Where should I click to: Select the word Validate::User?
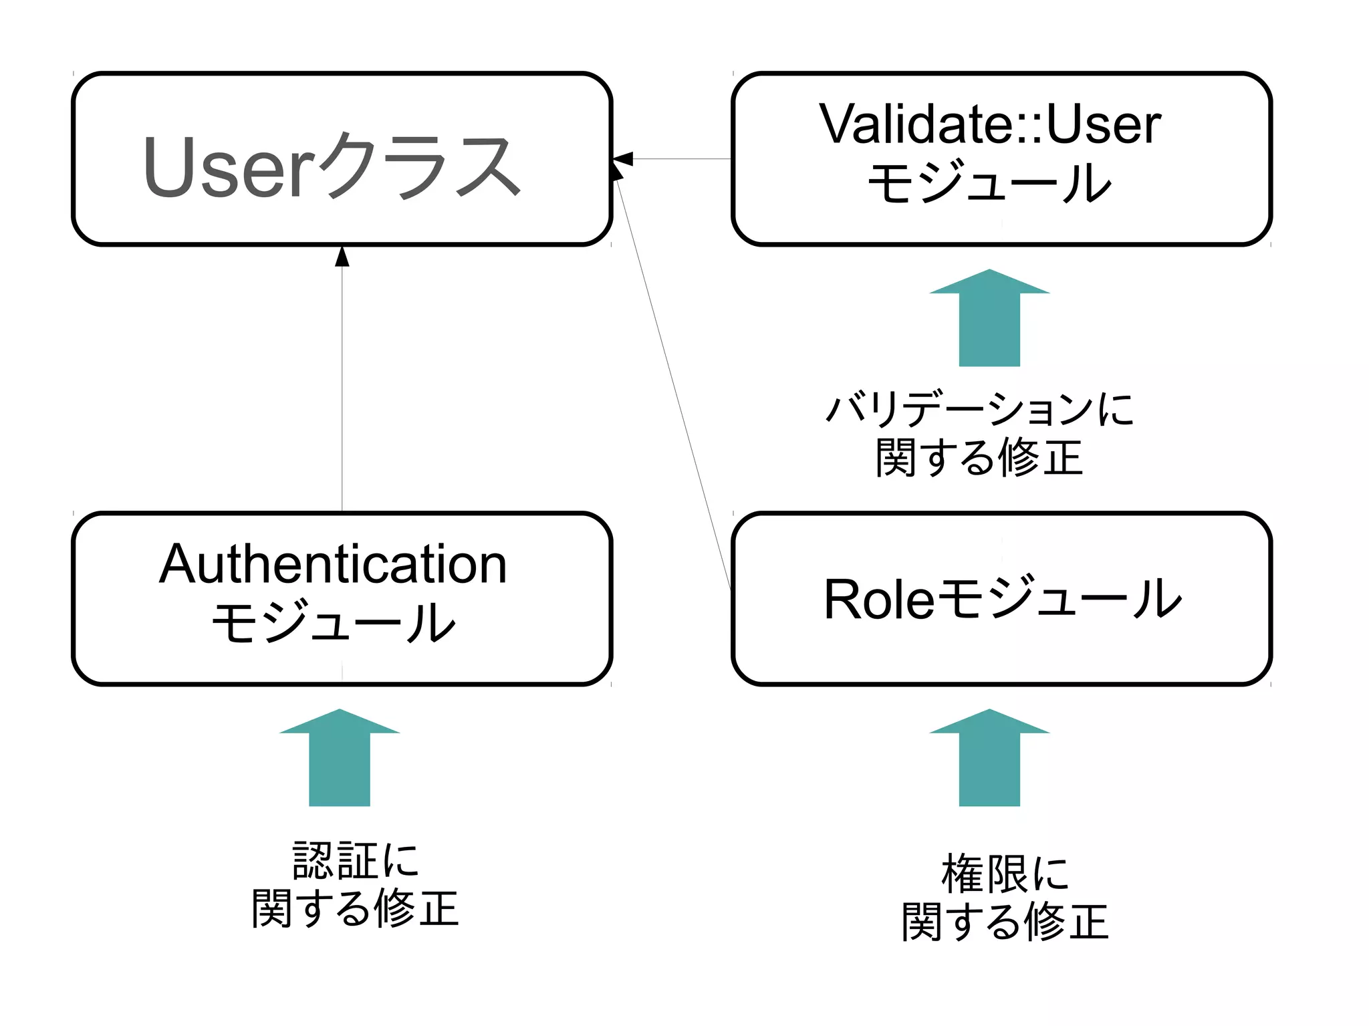[990, 124]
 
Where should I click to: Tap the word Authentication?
[333, 565]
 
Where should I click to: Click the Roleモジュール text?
[1002, 599]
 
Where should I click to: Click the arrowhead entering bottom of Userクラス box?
[342, 257]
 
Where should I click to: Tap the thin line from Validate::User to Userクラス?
[682, 159]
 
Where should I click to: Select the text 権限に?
[1005, 874]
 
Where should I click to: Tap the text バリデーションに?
[980, 408]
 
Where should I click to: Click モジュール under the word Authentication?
[333, 622]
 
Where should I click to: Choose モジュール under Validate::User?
[989, 182]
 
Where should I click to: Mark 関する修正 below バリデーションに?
[979, 459]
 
